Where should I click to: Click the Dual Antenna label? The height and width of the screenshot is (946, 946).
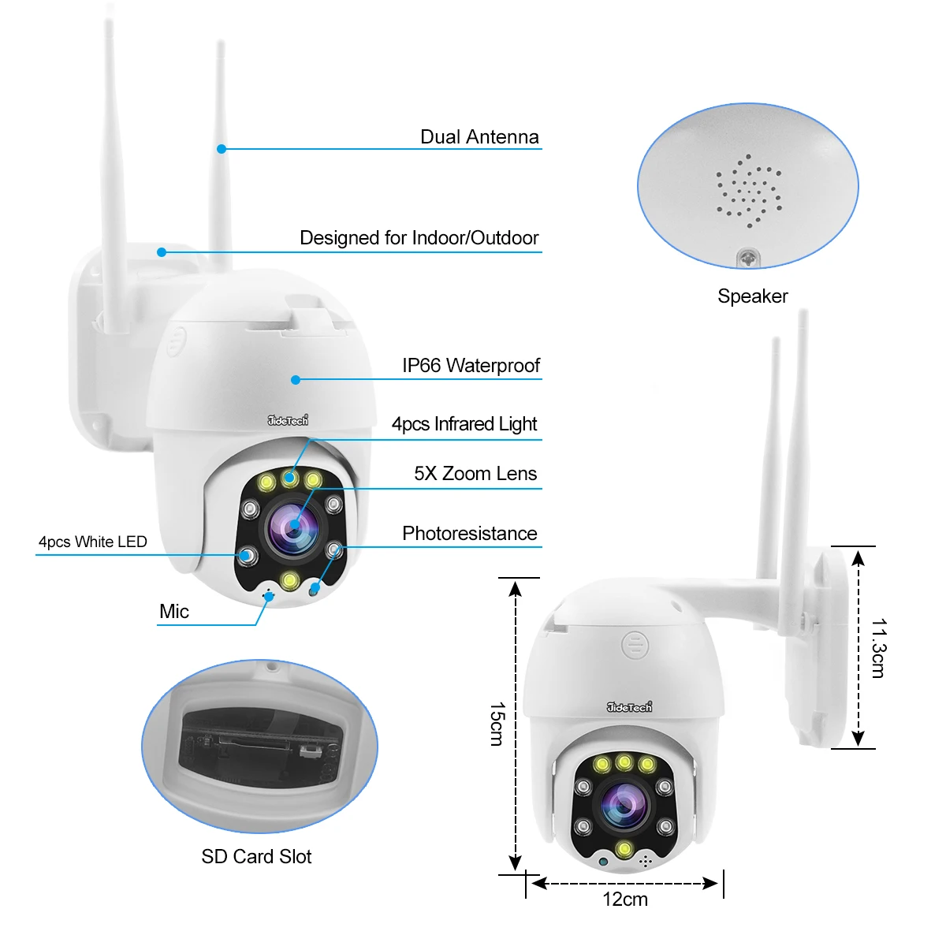[x=479, y=137]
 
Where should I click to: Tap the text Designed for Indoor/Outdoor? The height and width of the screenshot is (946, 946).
[x=419, y=238]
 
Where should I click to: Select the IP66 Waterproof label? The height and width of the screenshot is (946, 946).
[x=471, y=366]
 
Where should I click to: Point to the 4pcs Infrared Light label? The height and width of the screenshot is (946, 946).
[x=464, y=424]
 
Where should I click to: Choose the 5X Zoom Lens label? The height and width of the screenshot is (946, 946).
[x=475, y=474]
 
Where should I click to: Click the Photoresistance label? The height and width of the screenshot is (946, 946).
[x=470, y=534]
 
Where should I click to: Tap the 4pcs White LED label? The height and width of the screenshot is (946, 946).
[x=93, y=542]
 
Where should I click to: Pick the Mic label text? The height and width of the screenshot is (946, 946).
[x=174, y=612]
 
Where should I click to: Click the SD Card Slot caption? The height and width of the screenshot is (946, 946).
[x=256, y=857]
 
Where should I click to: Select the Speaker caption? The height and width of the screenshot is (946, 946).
[x=752, y=296]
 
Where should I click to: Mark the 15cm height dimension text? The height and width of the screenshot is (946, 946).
[x=496, y=724]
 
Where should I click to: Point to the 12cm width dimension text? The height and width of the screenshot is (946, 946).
[x=625, y=899]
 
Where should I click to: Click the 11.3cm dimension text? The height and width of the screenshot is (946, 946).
[x=878, y=648]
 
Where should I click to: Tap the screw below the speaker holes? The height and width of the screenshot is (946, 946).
[x=748, y=257]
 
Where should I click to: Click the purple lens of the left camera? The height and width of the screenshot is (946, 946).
[x=292, y=527]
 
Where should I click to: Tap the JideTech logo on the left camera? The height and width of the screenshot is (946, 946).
[x=288, y=420]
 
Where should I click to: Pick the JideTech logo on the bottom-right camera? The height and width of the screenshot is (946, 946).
[x=629, y=707]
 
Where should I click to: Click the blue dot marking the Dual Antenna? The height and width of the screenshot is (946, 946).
[x=222, y=148]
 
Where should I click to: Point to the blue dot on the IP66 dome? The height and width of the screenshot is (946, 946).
[x=296, y=380]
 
